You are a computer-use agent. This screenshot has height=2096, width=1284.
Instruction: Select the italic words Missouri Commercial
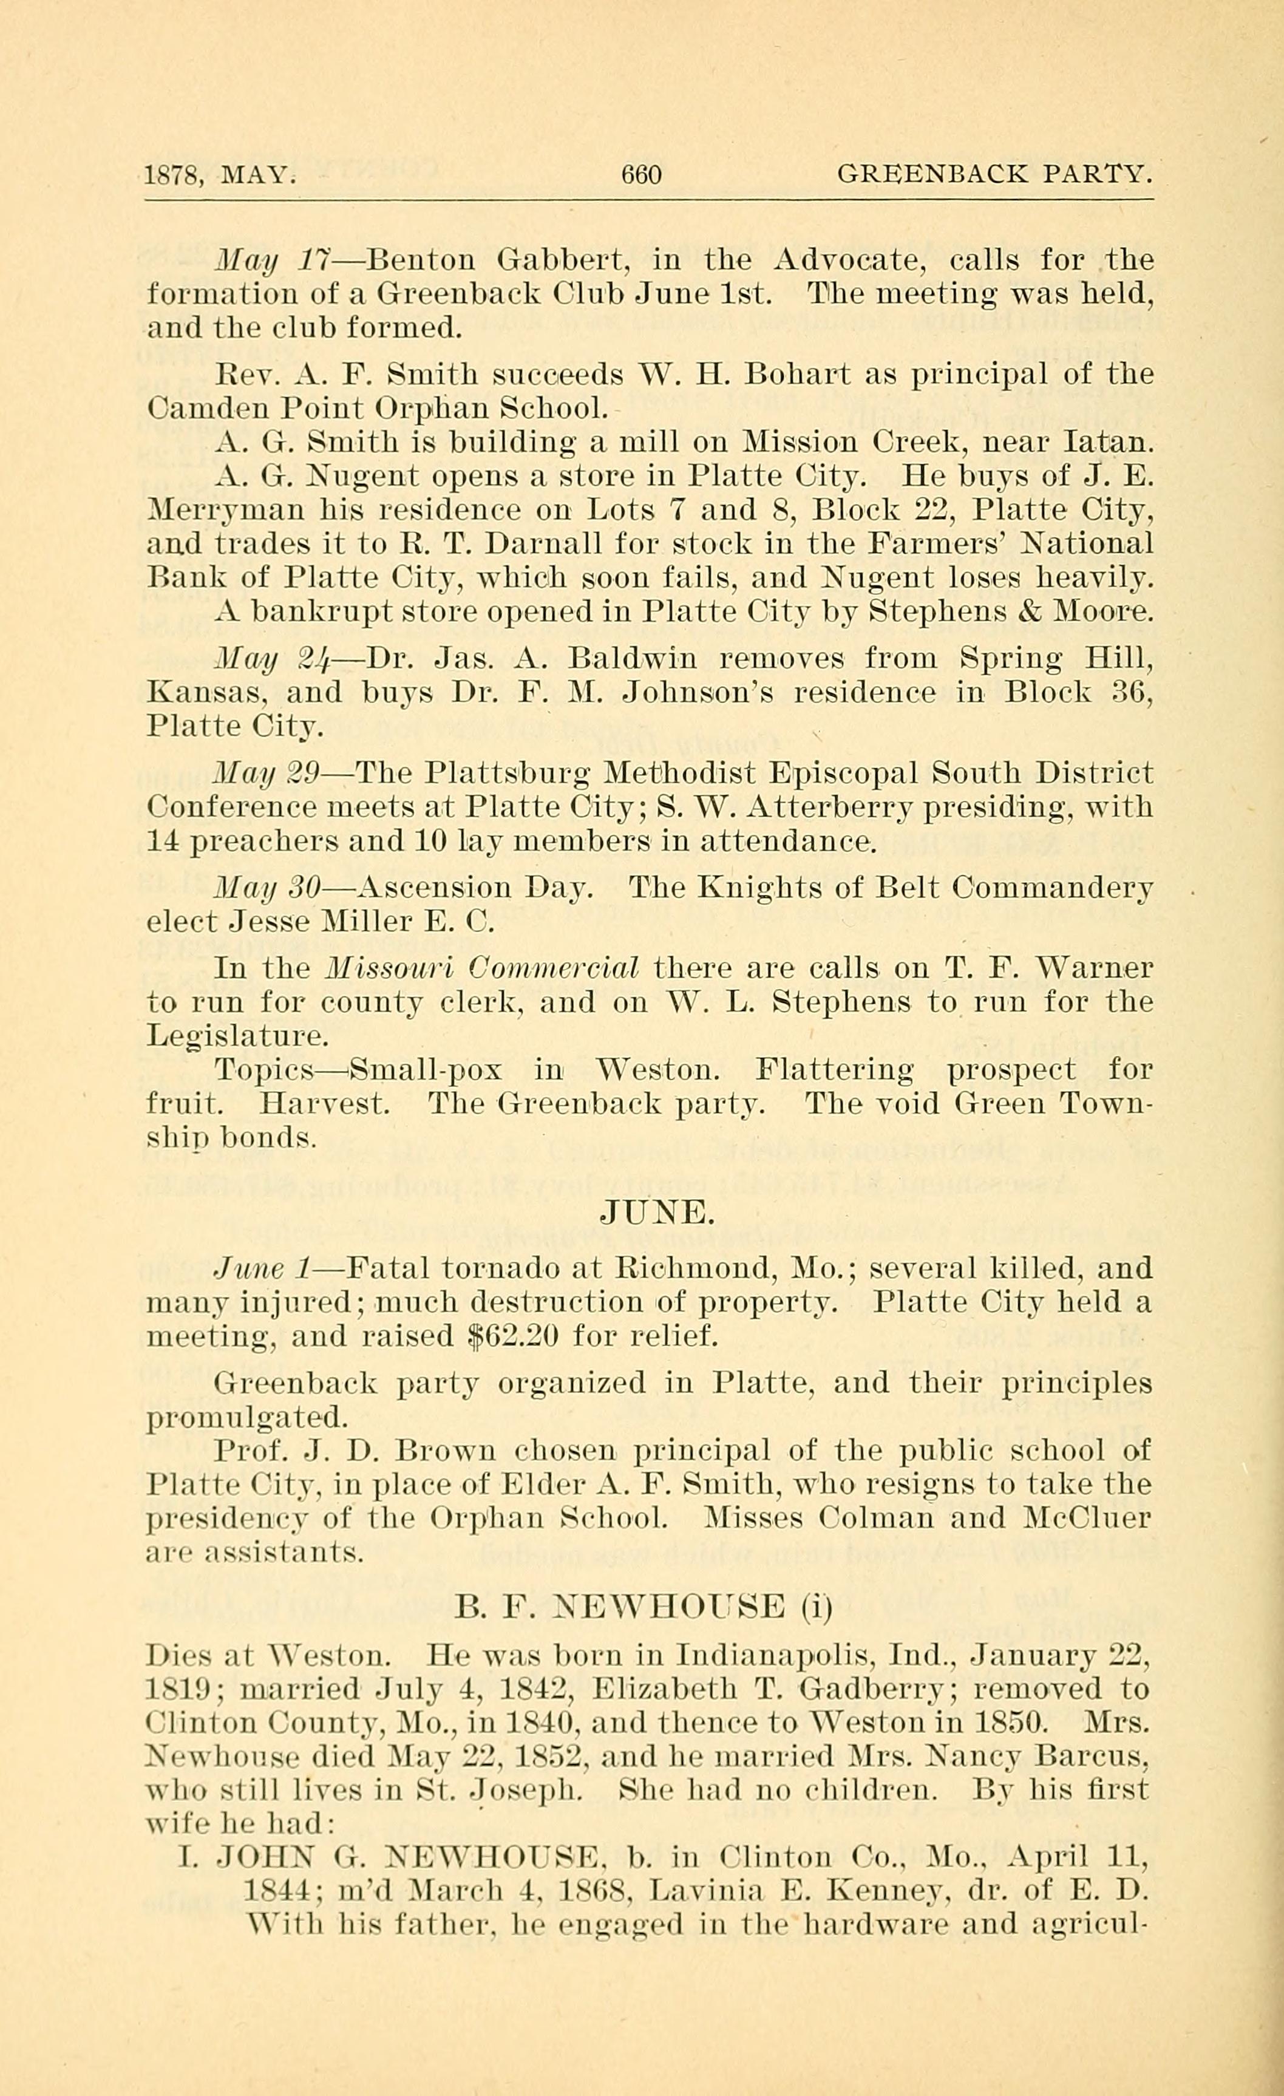pyautogui.click(x=483, y=968)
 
